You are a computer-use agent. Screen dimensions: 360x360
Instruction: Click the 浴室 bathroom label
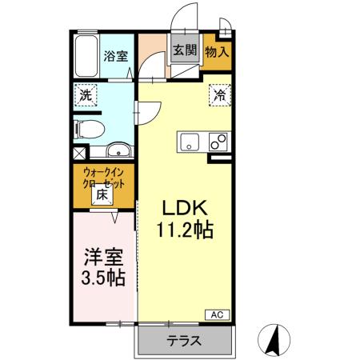tap(117, 55)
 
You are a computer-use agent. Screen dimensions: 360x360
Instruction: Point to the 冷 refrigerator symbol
tap(219, 94)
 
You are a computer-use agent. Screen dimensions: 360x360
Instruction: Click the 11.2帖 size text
tap(185, 232)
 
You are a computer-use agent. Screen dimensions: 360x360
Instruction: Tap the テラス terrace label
tap(184, 341)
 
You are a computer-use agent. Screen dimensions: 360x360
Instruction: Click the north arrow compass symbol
tap(274, 340)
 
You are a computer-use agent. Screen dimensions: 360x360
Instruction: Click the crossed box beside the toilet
tap(78, 152)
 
